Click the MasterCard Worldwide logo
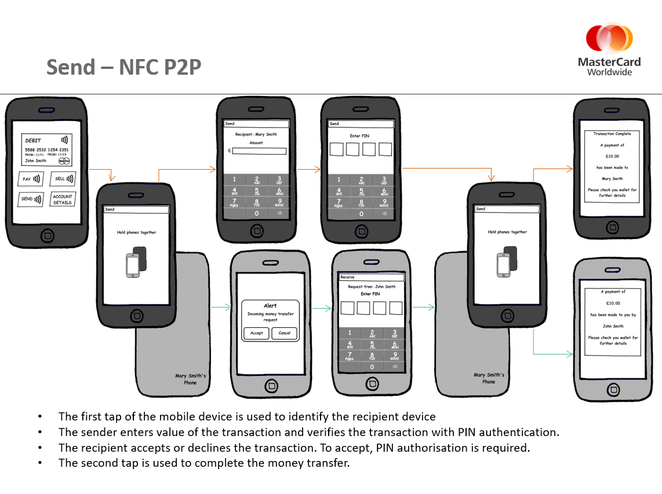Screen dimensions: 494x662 click(609, 50)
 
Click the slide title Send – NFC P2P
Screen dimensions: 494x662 click(123, 68)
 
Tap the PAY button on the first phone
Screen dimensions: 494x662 click(31, 180)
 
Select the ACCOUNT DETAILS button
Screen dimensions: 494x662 click(63, 200)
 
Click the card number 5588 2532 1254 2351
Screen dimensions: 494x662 click(47, 150)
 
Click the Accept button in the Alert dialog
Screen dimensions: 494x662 click(256, 333)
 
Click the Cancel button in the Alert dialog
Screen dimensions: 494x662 click(284, 333)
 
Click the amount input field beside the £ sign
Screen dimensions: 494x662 click(259, 151)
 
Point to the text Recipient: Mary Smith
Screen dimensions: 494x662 click(256, 134)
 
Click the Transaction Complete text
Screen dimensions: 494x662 click(612, 134)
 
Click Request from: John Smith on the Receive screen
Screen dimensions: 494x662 click(372, 287)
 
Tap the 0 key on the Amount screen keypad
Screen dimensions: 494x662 click(256, 214)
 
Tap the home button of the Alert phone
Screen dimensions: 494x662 click(270, 386)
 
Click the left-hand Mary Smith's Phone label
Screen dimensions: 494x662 click(190, 379)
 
